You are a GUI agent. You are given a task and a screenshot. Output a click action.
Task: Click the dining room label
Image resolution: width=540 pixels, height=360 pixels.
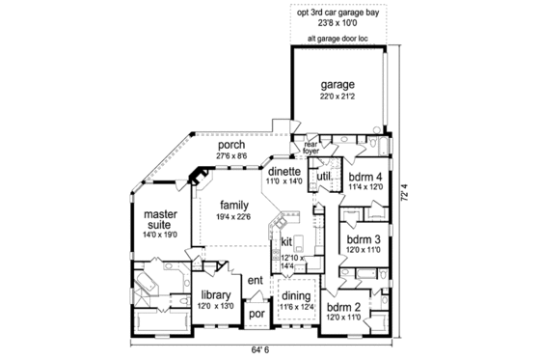pyautogui.click(x=296, y=296)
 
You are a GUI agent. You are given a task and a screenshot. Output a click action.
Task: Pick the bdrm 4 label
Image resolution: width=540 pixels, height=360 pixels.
pyautogui.click(x=365, y=178)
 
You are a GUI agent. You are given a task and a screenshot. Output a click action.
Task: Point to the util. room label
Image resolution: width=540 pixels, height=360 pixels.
pyautogui.click(x=324, y=178)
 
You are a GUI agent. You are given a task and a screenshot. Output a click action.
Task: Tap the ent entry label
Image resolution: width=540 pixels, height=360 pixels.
pyautogui.click(x=256, y=280)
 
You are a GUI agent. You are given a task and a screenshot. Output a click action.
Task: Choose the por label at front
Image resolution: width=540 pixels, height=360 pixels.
pyautogui.click(x=256, y=314)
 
